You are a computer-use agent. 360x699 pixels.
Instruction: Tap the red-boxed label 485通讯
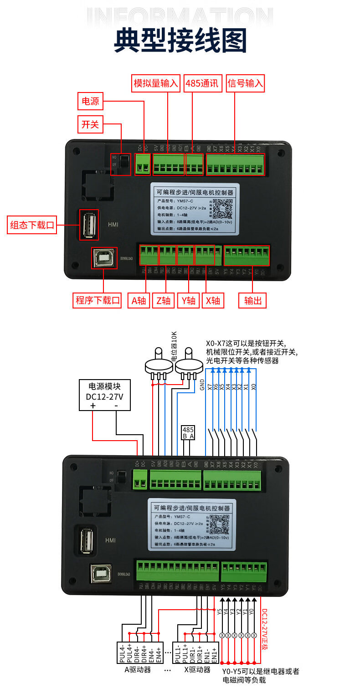[x=202, y=83]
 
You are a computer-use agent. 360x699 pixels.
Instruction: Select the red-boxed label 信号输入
[x=245, y=83]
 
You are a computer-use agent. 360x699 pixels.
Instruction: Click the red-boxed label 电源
[x=90, y=101]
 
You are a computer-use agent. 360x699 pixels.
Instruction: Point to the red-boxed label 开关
[x=90, y=124]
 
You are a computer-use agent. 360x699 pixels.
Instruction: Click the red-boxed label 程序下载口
[x=97, y=300]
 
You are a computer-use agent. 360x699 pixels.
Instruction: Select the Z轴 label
[x=163, y=300]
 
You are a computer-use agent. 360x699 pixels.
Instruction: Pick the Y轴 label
[x=188, y=300]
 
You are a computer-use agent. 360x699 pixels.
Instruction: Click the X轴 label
[x=212, y=300]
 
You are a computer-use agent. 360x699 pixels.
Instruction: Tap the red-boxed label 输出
[x=252, y=300]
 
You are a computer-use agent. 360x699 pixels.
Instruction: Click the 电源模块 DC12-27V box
[x=104, y=395]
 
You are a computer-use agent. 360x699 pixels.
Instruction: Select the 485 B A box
[x=188, y=432]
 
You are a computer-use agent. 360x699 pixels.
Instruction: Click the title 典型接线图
[x=180, y=40]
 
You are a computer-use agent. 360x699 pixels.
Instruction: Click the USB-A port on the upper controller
[x=89, y=224]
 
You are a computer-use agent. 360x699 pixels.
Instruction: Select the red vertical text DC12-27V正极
[x=265, y=629]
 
